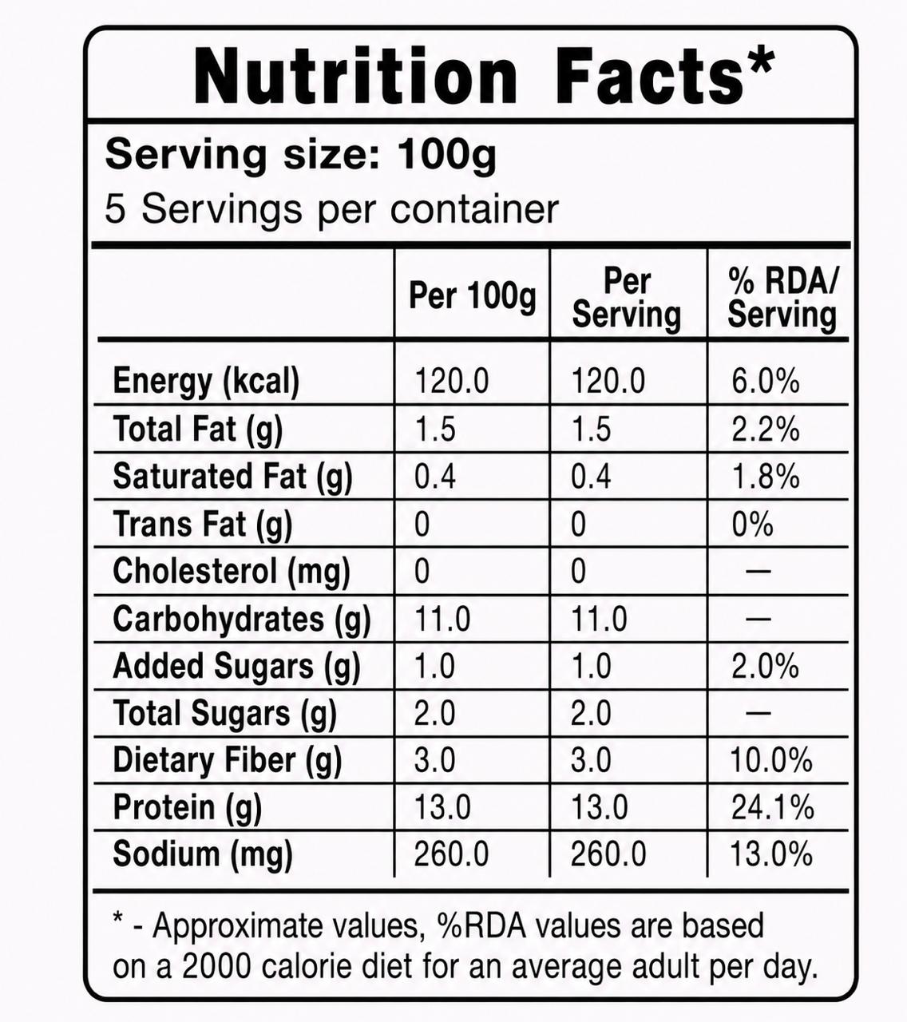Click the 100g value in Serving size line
click(447, 156)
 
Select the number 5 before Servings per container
click(114, 209)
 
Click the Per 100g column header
click(472, 295)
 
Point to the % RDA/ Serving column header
click(782, 298)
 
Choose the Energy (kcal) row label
click(206, 382)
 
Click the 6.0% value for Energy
click(765, 381)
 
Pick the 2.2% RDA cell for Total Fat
click(765, 430)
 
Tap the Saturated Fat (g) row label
click(232, 477)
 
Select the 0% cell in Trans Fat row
click(752, 525)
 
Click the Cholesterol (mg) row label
click(231, 572)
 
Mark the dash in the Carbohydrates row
click(758, 619)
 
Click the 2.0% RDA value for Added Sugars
click(765, 666)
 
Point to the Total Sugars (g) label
click(224, 714)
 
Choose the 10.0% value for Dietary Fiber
click(771, 760)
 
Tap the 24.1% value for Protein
click(772, 807)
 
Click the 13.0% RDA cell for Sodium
click(771, 855)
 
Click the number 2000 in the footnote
click(216, 968)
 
